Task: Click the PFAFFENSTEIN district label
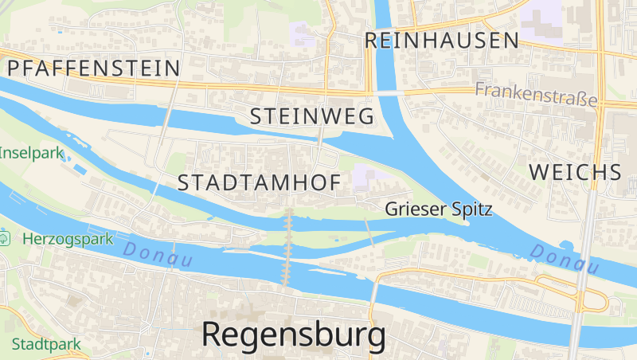[93, 68]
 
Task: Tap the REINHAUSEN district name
[442, 41]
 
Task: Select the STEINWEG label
[312, 116]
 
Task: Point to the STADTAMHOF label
[259, 182]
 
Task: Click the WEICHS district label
[575, 172]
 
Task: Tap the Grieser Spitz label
[439, 209]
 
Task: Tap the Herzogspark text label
[67, 238]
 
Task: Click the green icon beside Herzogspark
[5, 237]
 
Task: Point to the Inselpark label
[30, 154]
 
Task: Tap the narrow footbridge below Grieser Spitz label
[369, 230]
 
